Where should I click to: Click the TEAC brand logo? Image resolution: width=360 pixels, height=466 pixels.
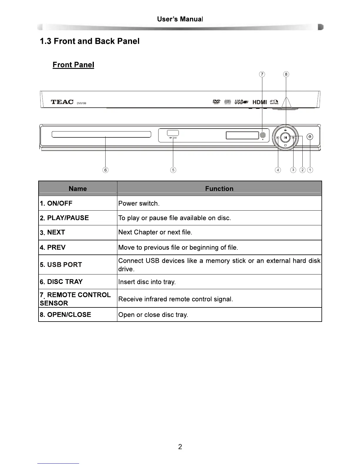click(62, 102)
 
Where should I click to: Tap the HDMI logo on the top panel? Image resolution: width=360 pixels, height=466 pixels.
click(260, 102)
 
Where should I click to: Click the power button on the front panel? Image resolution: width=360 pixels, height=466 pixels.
click(310, 137)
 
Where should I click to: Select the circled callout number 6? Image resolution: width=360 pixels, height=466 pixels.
click(105, 170)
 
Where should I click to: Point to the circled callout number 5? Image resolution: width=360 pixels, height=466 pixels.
click(173, 170)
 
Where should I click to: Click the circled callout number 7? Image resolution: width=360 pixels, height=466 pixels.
click(262, 74)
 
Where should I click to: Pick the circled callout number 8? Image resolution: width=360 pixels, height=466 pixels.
click(286, 74)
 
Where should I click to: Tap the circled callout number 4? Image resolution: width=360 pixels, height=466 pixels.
click(278, 170)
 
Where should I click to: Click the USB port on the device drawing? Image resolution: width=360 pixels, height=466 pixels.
click(173, 133)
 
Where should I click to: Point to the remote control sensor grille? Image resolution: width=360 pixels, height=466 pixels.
click(263, 135)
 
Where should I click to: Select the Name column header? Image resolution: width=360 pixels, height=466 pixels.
click(78, 189)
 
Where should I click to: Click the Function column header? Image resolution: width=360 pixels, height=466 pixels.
click(219, 189)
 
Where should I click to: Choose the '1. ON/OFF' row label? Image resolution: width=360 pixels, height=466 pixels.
click(56, 203)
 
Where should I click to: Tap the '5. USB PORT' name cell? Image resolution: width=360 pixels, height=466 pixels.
click(61, 264)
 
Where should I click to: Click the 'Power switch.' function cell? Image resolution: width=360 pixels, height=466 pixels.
click(139, 204)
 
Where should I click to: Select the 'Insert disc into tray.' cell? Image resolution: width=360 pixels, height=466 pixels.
click(147, 282)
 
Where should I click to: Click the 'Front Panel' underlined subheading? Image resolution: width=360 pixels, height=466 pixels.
click(73, 65)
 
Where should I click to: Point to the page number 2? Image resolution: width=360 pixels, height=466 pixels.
click(180, 447)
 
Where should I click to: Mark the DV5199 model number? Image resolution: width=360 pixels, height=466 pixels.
click(81, 103)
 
